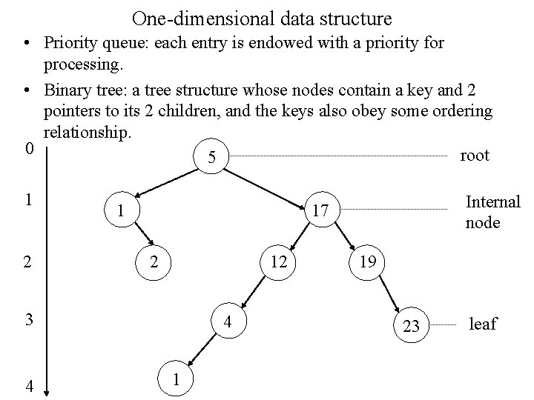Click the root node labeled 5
213,158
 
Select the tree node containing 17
320,212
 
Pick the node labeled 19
366,261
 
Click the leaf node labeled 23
411,325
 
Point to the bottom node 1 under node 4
175,379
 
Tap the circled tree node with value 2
154,261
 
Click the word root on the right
475,156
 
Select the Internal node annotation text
492,212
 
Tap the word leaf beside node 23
482,324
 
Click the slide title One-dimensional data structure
263,18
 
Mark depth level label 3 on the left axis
28,320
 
